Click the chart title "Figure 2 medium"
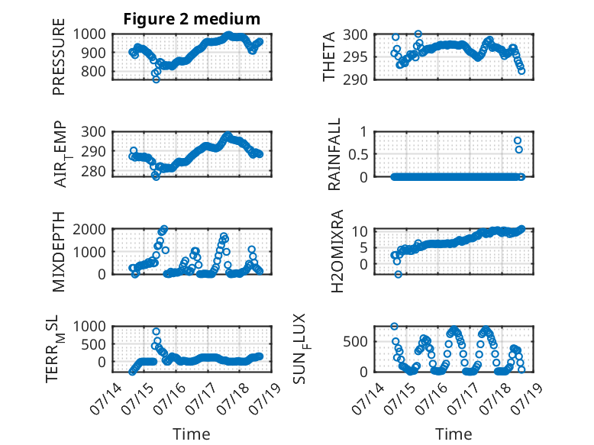tap(192, 18)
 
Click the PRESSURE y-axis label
tap(59, 56)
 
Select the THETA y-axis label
tap(329, 56)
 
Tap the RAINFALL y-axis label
tap(334, 153)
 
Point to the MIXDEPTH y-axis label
tap(59, 252)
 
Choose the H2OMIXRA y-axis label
tap(337, 251)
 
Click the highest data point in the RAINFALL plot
tap(518, 140)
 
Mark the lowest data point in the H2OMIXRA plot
tap(398, 274)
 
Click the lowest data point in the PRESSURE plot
tap(156, 79)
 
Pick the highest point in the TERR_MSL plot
tap(156, 331)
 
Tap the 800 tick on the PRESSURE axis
tap(93, 71)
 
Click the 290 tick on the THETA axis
tap(355, 79)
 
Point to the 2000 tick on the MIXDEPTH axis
tap(89, 229)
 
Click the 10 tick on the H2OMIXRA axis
tap(360, 231)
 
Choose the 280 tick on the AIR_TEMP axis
tap(93, 171)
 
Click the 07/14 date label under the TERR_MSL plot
tap(106, 398)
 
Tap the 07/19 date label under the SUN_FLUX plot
tap(527, 398)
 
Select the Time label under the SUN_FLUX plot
tap(454, 434)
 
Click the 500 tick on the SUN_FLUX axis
tap(355, 342)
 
